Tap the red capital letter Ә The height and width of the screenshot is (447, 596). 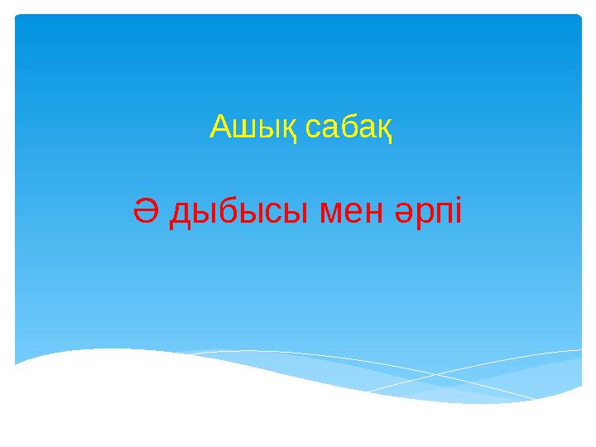point(147,213)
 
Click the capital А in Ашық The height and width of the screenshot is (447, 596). point(220,127)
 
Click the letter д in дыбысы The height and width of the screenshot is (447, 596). point(180,216)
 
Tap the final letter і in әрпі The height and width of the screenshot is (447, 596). point(460,213)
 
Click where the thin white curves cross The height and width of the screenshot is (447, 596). point(437,375)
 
